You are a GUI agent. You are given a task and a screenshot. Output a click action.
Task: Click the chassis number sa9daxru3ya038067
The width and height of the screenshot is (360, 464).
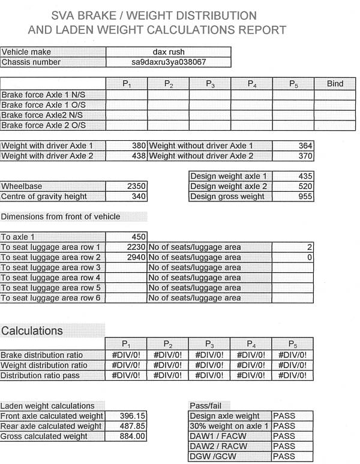168,62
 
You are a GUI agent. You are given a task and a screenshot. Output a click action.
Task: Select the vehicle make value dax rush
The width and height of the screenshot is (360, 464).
168,52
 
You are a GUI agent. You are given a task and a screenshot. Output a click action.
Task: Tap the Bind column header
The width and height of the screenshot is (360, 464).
335,84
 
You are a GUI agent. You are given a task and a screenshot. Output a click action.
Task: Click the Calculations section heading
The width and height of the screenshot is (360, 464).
32,331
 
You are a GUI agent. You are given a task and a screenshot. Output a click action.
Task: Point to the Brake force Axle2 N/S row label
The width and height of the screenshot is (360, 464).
43,115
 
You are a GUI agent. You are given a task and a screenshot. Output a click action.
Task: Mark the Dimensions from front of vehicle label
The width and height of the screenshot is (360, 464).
61,216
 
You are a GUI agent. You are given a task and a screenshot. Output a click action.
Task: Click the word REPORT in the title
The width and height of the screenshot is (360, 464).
258,29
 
